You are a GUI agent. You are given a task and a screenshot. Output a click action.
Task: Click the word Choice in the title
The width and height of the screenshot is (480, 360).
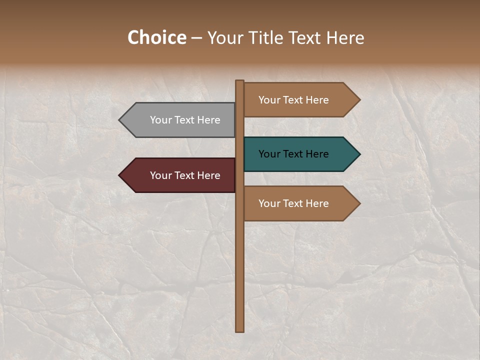(156, 37)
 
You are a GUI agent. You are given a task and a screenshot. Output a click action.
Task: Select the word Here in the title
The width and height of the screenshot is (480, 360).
(345, 37)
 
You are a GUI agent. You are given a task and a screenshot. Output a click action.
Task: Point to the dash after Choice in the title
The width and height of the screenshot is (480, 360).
(196, 38)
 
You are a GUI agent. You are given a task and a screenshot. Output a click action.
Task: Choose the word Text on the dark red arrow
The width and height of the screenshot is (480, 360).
(184, 175)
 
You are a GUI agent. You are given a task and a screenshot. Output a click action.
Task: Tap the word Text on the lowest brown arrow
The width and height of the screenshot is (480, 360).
(293, 203)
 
